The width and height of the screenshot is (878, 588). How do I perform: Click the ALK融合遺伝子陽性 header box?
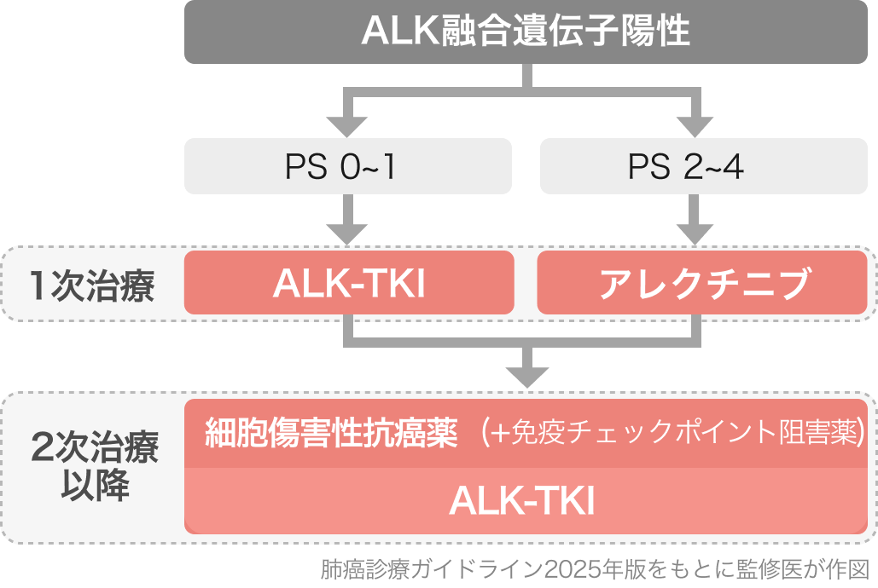coord(526,33)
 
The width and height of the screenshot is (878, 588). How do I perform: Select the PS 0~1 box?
coord(348,167)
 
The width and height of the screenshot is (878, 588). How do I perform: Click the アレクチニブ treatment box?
coord(702,284)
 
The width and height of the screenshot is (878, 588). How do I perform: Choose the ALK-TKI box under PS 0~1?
coord(349,284)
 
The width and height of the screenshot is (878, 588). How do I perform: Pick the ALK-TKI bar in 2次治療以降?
coord(526,501)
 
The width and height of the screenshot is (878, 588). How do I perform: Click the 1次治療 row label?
coord(91,285)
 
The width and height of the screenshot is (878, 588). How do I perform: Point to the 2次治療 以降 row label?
coord(92,467)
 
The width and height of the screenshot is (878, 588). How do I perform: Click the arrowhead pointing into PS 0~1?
coord(347,126)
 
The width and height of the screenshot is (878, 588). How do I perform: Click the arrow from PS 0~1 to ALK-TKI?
coord(347,222)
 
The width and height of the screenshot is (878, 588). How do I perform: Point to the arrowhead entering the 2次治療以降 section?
coord(526,375)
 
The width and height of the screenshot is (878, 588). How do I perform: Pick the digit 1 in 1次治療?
coord(38,285)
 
